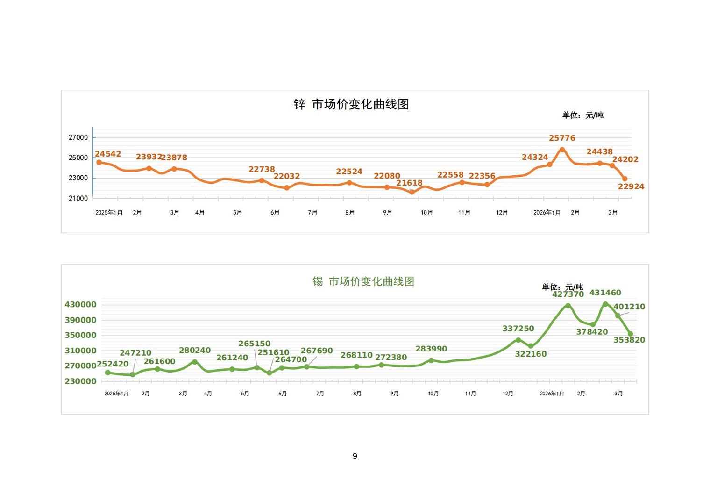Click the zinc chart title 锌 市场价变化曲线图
click(351, 104)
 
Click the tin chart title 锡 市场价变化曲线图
click(363, 281)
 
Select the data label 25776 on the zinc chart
click(562, 138)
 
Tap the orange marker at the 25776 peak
click(562, 150)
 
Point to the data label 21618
click(409, 183)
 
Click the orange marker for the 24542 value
click(99, 162)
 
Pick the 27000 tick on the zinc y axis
click(78, 137)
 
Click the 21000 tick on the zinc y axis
click(78, 198)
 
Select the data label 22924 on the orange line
click(631, 186)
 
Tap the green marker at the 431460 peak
click(605, 304)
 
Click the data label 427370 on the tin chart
click(568, 294)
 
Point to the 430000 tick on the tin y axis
click(80, 305)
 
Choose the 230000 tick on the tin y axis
click(80, 381)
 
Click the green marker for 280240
click(195, 362)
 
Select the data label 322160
click(531, 354)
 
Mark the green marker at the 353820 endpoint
click(630, 334)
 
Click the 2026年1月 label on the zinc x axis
click(547, 213)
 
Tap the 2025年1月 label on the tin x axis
click(116, 394)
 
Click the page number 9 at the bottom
click(355, 456)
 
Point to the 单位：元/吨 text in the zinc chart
click(582, 115)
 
